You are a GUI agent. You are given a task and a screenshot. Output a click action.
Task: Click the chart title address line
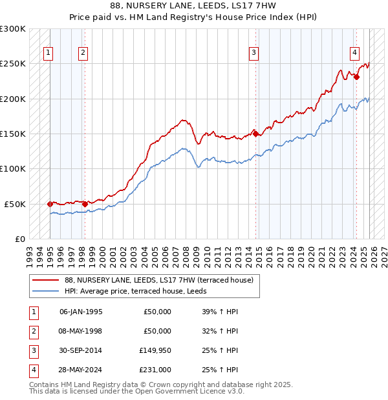[193, 6]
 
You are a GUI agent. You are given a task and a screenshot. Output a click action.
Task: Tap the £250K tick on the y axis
[13, 64]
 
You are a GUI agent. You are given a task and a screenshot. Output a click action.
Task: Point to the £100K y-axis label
[13, 168]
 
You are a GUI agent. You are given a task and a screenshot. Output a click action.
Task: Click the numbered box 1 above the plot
[50, 54]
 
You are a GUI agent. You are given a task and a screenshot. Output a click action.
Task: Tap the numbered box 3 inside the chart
[255, 54]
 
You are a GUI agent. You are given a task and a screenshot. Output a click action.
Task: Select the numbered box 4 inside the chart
[355, 54]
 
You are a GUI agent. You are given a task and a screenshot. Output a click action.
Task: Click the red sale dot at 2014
[255, 134]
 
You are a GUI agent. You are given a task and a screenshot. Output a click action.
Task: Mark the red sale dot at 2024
[356, 77]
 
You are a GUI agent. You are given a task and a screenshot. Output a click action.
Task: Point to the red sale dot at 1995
[50, 204]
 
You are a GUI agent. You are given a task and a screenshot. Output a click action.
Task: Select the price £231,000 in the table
[155, 370]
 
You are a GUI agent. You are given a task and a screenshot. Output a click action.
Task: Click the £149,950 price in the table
[155, 350]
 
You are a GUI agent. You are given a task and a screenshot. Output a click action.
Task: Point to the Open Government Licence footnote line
[136, 391]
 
